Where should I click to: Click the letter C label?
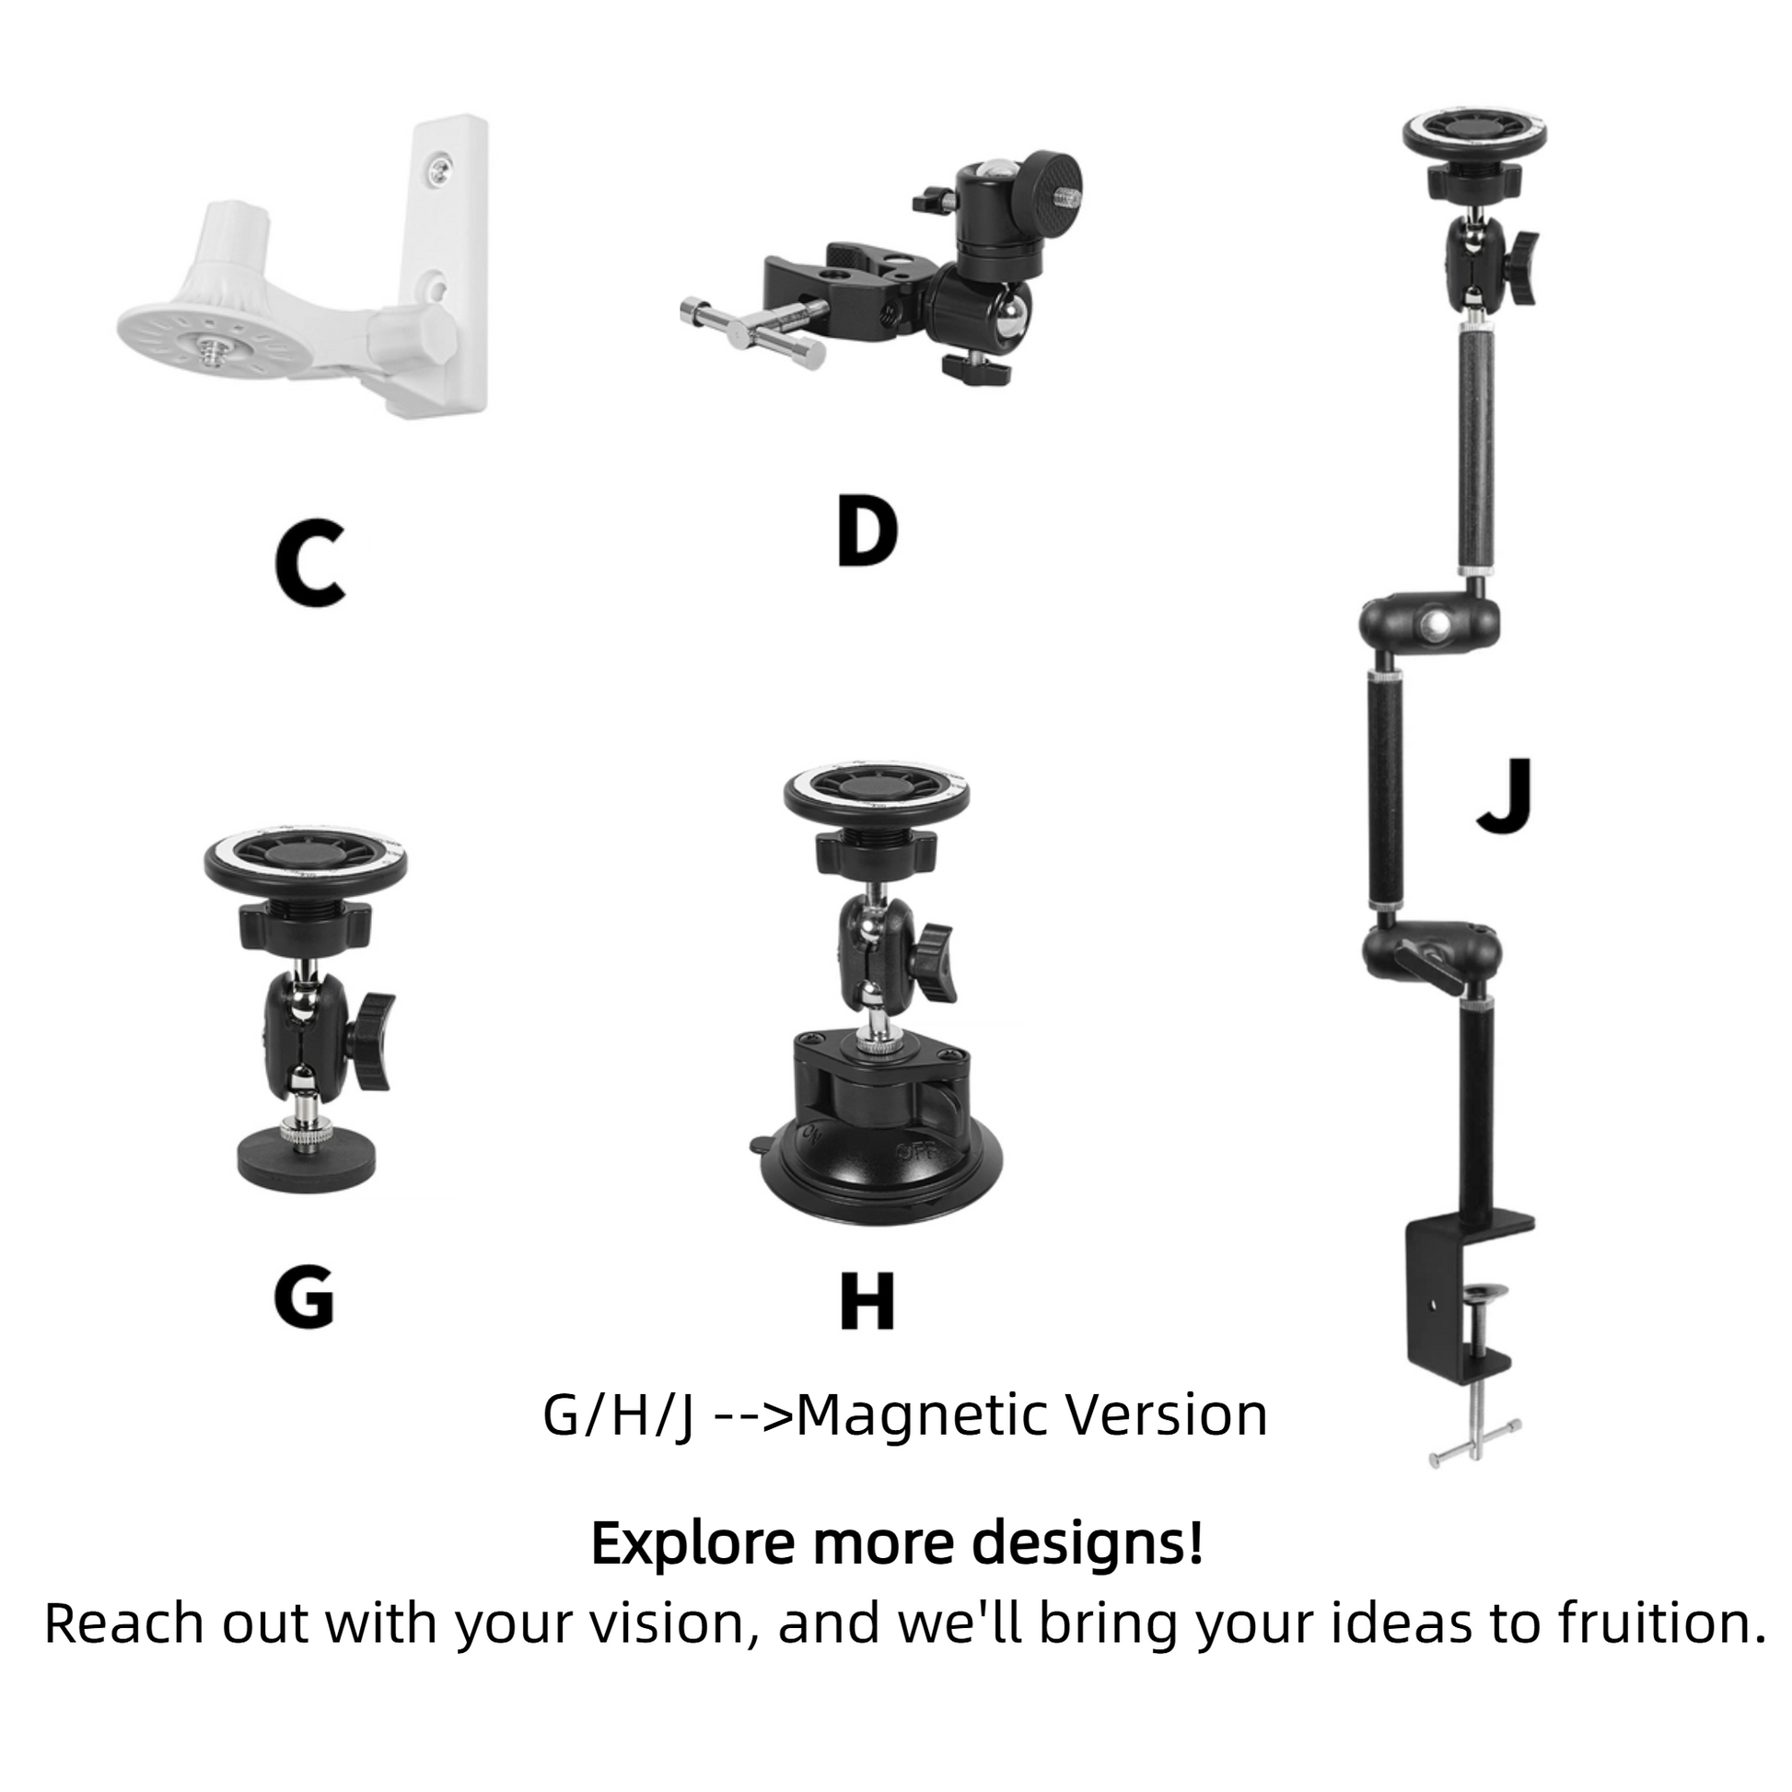tap(310, 563)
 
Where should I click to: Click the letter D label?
tap(867, 531)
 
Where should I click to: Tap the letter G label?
tap(304, 1297)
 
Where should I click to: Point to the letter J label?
tap(1505, 796)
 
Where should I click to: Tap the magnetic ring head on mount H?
tap(877, 795)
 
